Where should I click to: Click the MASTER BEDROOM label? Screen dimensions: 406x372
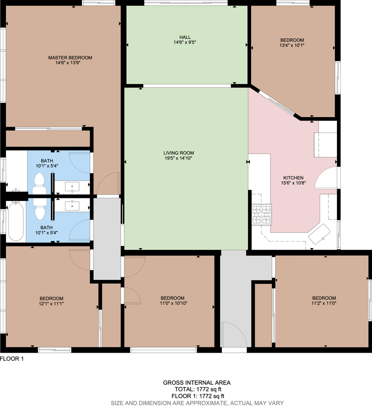click(x=70, y=58)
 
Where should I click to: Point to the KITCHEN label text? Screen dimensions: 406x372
click(x=293, y=178)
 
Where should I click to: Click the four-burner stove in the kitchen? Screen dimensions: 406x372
click(x=262, y=214)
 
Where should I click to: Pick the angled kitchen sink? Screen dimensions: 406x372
click(x=320, y=233)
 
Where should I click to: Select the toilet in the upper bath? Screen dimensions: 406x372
click(x=39, y=182)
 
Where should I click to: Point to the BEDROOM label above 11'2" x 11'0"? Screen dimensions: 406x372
click(x=324, y=298)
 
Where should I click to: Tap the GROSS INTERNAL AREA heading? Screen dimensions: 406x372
click(x=197, y=383)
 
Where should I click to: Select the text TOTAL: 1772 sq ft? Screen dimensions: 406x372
click(x=197, y=389)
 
